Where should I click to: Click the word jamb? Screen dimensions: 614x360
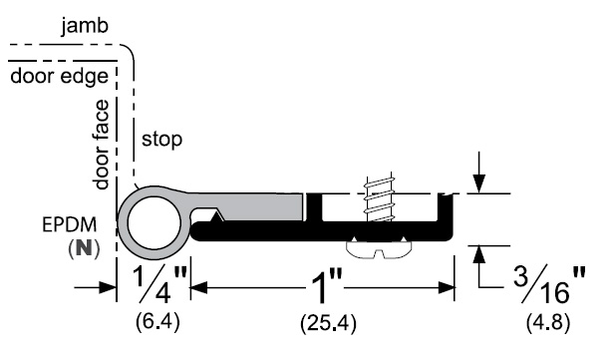pos(85,27)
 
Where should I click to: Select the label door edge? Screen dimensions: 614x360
pos(59,76)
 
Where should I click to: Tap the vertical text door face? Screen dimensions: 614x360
pos(101,145)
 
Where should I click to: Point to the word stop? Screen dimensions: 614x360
pos(161,139)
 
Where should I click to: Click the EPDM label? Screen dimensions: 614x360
pos(70,225)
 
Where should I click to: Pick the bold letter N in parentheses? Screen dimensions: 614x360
pos(84,247)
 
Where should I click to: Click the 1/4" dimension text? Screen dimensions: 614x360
pos(159,284)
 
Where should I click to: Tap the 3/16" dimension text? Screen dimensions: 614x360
pos(549,285)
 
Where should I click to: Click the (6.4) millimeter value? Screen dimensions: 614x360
pos(157,322)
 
